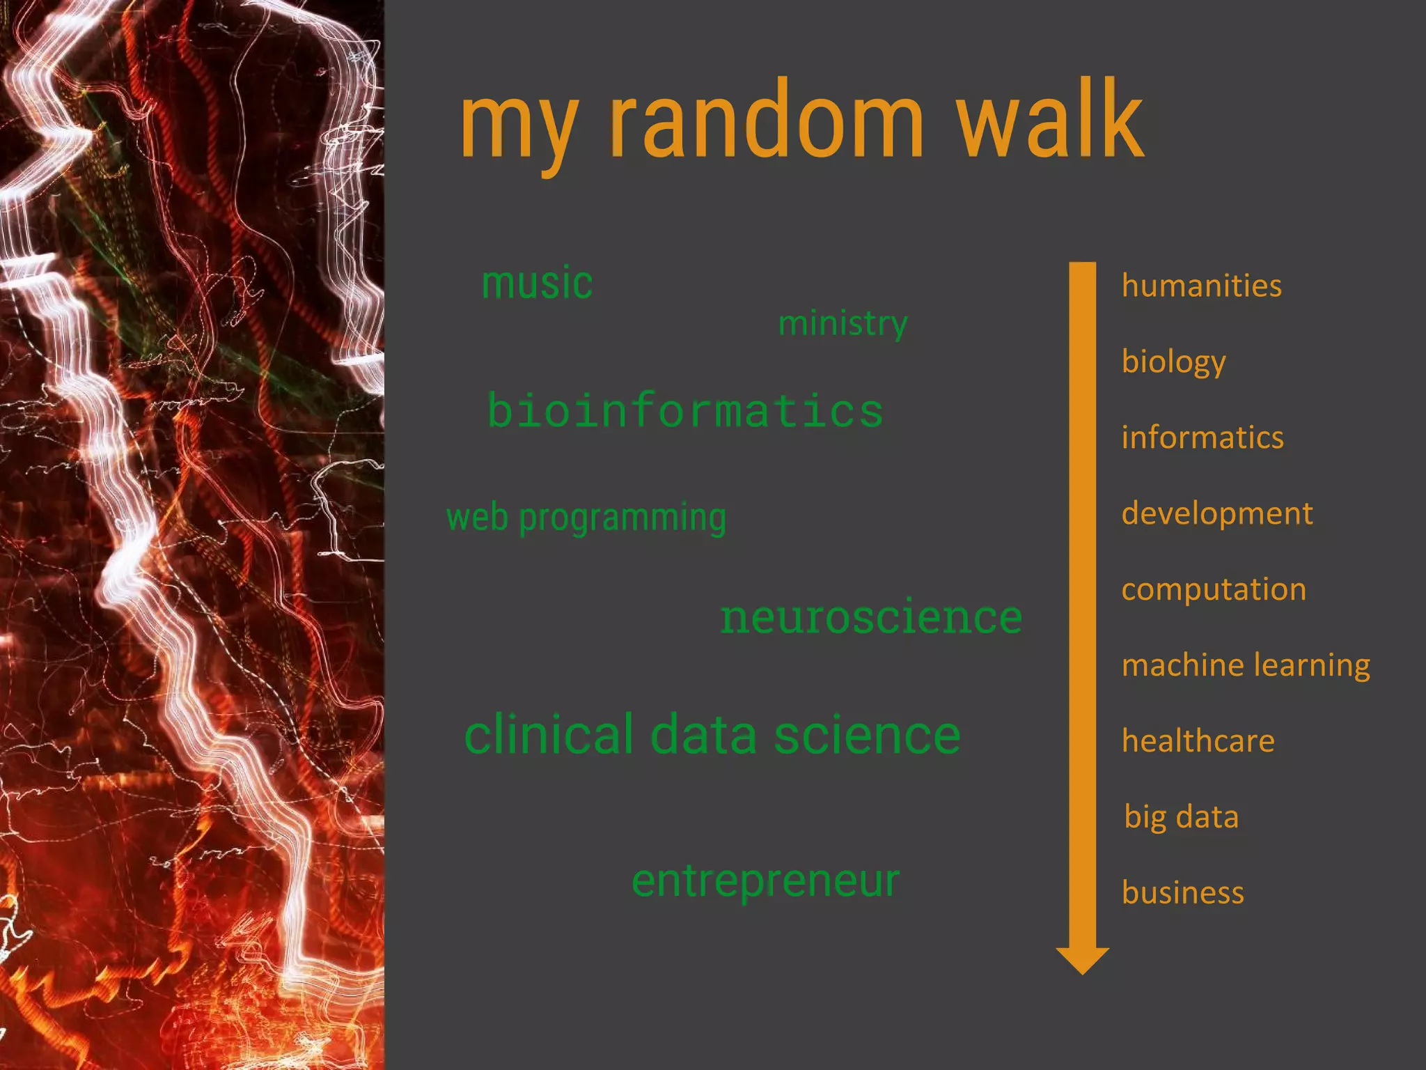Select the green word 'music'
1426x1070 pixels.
pyautogui.click(x=537, y=284)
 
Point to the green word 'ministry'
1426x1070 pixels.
pyautogui.click(x=843, y=323)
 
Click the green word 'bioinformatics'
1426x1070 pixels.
pyautogui.click(x=685, y=410)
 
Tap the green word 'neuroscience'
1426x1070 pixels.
pyautogui.click(x=871, y=617)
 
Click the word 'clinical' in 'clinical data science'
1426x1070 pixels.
pyautogui.click(x=548, y=734)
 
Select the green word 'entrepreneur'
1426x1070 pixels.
pyautogui.click(x=765, y=881)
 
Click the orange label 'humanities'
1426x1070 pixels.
pyautogui.click(x=1201, y=286)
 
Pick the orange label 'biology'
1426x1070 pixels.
pyautogui.click(x=1173, y=362)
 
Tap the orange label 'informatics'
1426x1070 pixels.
pyautogui.click(x=1202, y=437)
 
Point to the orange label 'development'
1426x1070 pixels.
pyautogui.click(x=1216, y=513)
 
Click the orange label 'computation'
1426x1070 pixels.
pyautogui.click(x=1214, y=590)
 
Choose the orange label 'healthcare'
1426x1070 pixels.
pyautogui.click(x=1198, y=741)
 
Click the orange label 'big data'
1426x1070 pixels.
pyautogui.click(x=1181, y=816)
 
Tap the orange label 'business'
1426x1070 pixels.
pyautogui.click(x=1182, y=892)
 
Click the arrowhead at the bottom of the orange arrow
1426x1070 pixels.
pyautogui.click(x=1082, y=960)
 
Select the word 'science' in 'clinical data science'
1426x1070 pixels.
pyautogui.click(x=867, y=734)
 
